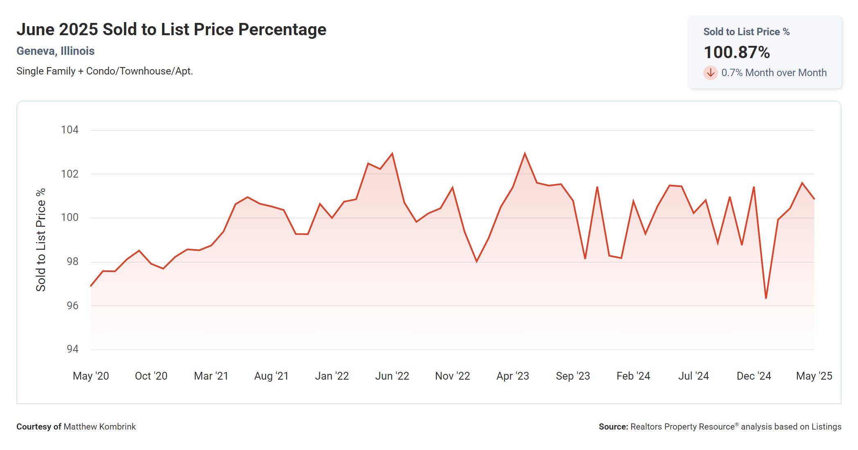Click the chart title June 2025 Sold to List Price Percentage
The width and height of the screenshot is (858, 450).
[x=171, y=29]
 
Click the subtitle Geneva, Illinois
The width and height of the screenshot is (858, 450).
[x=55, y=51]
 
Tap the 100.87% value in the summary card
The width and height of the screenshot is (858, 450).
[x=736, y=52]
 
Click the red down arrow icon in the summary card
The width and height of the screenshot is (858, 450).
[x=710, y=73]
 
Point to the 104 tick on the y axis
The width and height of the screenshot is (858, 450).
[x=70, y=130]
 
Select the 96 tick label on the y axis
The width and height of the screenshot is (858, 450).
[x=72, y=306]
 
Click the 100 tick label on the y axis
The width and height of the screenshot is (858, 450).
[x=70, y=217]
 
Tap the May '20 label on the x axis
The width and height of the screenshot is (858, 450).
[x=90, y=376]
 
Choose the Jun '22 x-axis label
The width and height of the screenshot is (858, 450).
[x=392, y=376]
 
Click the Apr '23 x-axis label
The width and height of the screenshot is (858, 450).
[x=513, y=376]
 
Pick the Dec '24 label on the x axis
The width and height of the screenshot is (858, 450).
[x=754, y=376]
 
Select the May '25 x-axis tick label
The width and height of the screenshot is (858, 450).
[x=814, y=376]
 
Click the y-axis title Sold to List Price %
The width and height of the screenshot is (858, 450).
[x=41, y=240]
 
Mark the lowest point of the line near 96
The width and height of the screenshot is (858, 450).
[x=766, y=298]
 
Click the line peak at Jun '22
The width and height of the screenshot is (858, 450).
[x=392, y=154]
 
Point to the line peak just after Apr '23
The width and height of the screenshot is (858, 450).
[x=525, y=154]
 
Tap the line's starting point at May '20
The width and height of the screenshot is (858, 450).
[x=91, y=286]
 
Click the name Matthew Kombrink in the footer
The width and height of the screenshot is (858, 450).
[x=99, y=427]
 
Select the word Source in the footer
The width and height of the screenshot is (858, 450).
[x=613, y=427]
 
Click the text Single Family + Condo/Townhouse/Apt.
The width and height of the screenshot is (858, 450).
[x=104, y=71]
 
